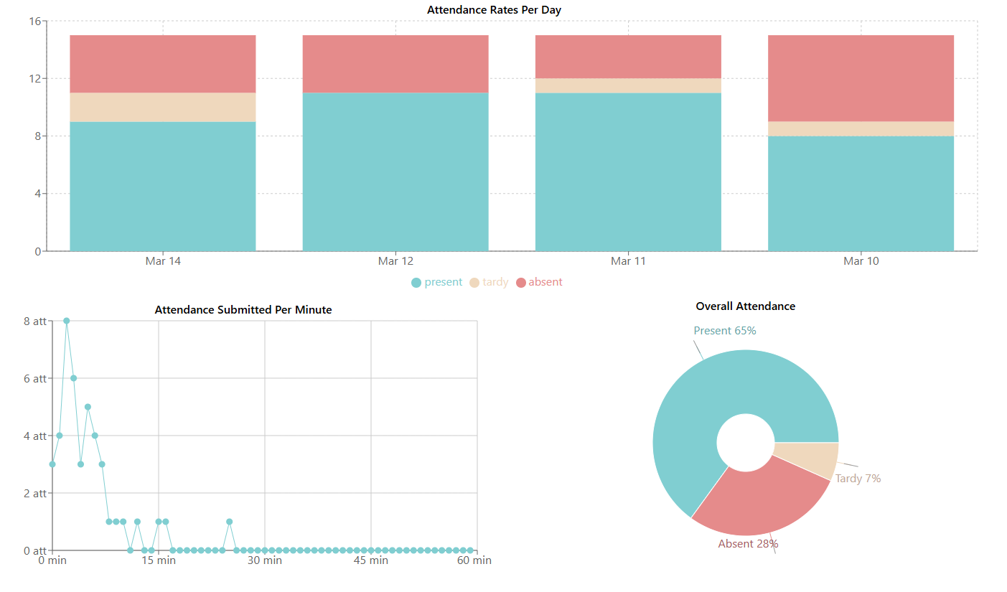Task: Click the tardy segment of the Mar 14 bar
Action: pyautogui.click(x=163, y=108)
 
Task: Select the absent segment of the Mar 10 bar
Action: pyautogui.click(x=861, y=78)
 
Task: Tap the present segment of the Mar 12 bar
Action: pyautogui.click(x=395, y=172)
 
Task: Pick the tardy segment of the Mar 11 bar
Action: pyautogui.click(x=628, y=86)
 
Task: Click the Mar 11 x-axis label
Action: pyautogui.click(x=628, y=261)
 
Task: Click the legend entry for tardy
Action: pyautogui.click(x=489, y=282)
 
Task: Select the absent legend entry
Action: pyautogui.click(x=539, y=282)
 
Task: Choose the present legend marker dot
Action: pyautogui.click(x=416, y=283)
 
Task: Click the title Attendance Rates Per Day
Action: pyautogui.click(x=494, y=10)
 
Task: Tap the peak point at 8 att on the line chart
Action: pyautogui.click(x=67, y=321)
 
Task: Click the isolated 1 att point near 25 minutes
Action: pyautogui.click(x=229, y=522)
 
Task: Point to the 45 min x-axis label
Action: pyautogui.click(x=371, y=560)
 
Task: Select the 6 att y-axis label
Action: pyautogui.click(x=35, y=378)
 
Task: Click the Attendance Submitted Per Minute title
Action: pyautogui.click(x=243, y=310)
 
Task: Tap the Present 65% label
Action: pyautogui.click(x=725, y=331)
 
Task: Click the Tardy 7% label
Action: pyautogui.click(x=858, y=479)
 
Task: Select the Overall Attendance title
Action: pyautogui.click(x=745, y=306)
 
